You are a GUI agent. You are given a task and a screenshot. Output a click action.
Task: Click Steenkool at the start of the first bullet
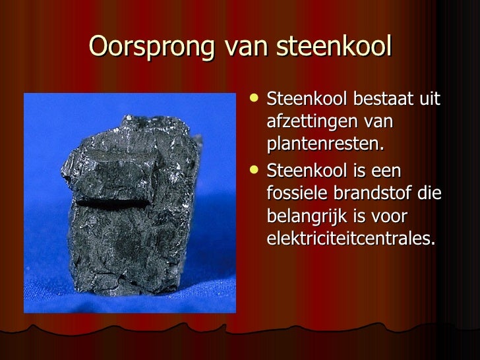click(x=307, y=100)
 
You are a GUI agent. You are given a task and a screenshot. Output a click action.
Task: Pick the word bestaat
click(x=382, y=100)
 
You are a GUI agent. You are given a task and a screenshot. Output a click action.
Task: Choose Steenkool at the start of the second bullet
click(x=307, y=171)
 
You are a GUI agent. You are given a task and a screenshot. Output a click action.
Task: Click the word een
click(x=386, y=171)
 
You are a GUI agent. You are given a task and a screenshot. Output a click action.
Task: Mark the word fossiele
click(x=295, y=194)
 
